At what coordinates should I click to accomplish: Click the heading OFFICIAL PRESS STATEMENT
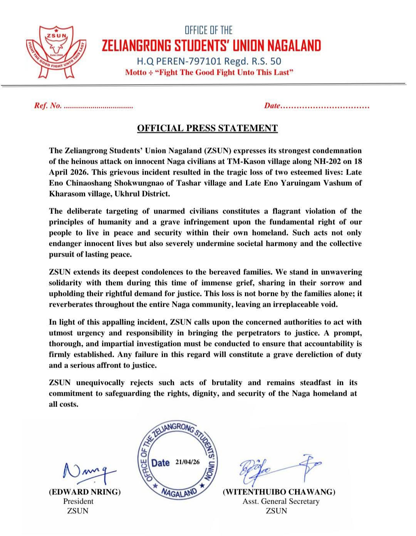[207, 128]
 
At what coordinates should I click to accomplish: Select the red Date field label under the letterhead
[272, 106]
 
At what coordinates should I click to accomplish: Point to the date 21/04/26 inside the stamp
[188, 462]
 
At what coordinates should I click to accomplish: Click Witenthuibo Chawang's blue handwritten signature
[279, 469]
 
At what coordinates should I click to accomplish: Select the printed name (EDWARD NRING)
[85, 492]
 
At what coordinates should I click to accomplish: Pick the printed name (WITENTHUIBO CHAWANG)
[279, 492]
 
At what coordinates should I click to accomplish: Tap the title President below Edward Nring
[78, 501]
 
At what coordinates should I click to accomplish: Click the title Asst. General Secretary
[281, 501]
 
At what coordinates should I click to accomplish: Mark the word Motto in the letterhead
[136, 72]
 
